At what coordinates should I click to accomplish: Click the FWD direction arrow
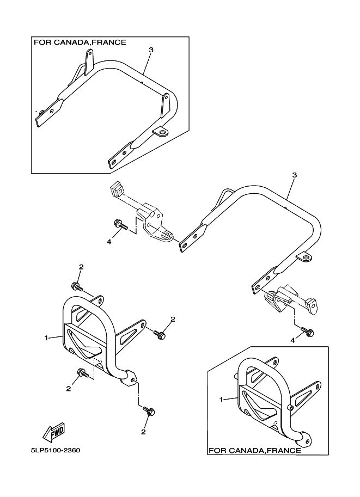(x=53, y=433)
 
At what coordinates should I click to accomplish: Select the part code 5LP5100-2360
(x=56, y=451)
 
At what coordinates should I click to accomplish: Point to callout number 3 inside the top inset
(x=151, y=50)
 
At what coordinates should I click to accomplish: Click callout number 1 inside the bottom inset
(x=222, y=399)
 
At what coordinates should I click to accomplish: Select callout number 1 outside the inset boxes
(x=46, y=338)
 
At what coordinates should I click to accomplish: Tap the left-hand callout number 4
(x=109, y=241)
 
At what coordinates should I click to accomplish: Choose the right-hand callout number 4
(x=292, y=340)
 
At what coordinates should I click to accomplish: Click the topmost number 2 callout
(x=81, y=267)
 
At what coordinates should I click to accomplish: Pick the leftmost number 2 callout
(x=69, y=388)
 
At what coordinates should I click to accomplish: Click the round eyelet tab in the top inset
(x=160, y=131)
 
